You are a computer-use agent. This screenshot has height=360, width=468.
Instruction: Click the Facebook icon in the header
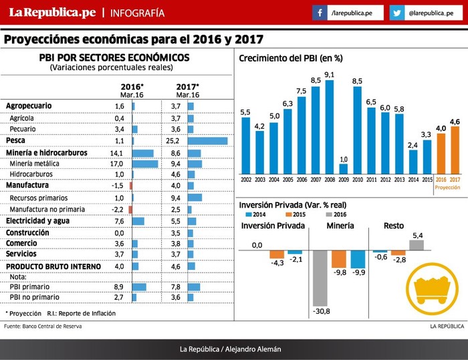pos(320,13)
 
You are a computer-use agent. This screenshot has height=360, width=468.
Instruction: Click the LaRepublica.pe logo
pos(47,13)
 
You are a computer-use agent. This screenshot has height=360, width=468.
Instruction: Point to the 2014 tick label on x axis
pos(413,180)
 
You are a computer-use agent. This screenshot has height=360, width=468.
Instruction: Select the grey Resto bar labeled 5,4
pos(416,245)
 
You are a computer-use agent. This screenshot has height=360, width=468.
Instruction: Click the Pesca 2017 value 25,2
pos(175,141)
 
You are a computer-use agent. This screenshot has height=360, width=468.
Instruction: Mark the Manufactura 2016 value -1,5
pos(118,186)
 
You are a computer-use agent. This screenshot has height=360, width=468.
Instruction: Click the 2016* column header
pos(132,87)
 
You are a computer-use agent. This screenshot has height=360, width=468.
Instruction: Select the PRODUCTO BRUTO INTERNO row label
pos(53,266)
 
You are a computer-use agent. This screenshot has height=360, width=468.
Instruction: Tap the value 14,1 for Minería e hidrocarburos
pos(118,153)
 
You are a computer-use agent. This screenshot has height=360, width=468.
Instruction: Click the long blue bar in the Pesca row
pos(208,141)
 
